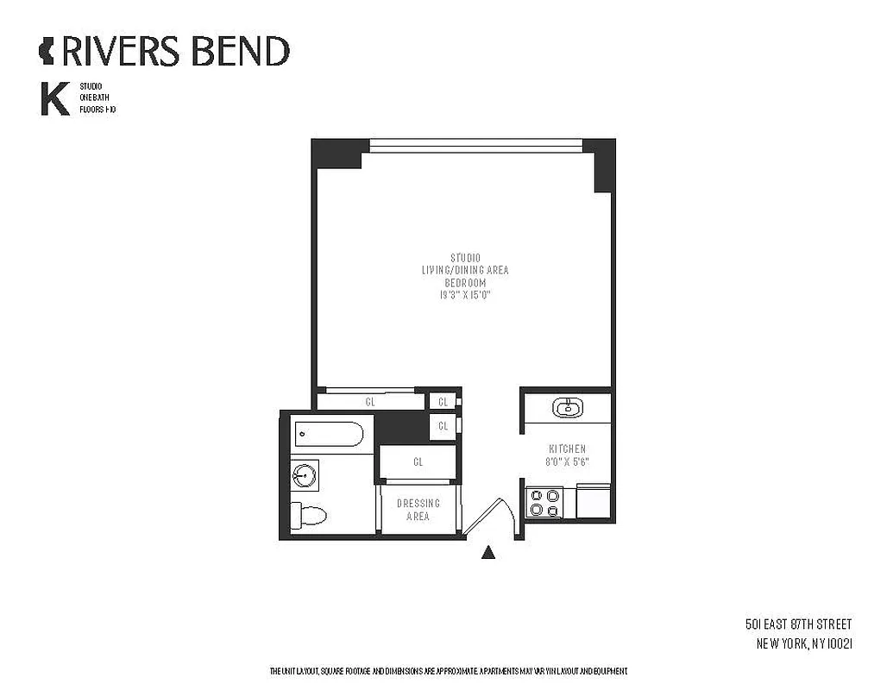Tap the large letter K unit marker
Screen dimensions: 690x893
pos(54,99)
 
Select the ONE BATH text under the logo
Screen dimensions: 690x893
pos(93,98)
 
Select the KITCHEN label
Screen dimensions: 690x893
pos(567,449)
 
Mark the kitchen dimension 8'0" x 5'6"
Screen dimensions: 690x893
pos(567,462)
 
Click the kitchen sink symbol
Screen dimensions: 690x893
pos(567,407)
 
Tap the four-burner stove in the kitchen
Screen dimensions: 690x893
pos(544,502)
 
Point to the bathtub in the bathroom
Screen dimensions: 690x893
pos(328,433)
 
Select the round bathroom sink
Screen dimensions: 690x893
pos(304,475)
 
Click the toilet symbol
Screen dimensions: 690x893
pos(309,516)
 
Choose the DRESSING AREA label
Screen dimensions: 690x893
pos(418,510)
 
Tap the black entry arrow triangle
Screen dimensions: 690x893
pos(488,553)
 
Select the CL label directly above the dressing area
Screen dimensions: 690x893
pos(418,462)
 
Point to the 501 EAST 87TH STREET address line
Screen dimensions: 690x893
pos(798,624)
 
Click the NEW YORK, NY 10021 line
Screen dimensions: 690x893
pos(804,643)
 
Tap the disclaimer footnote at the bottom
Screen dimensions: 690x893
pos(448,671)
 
